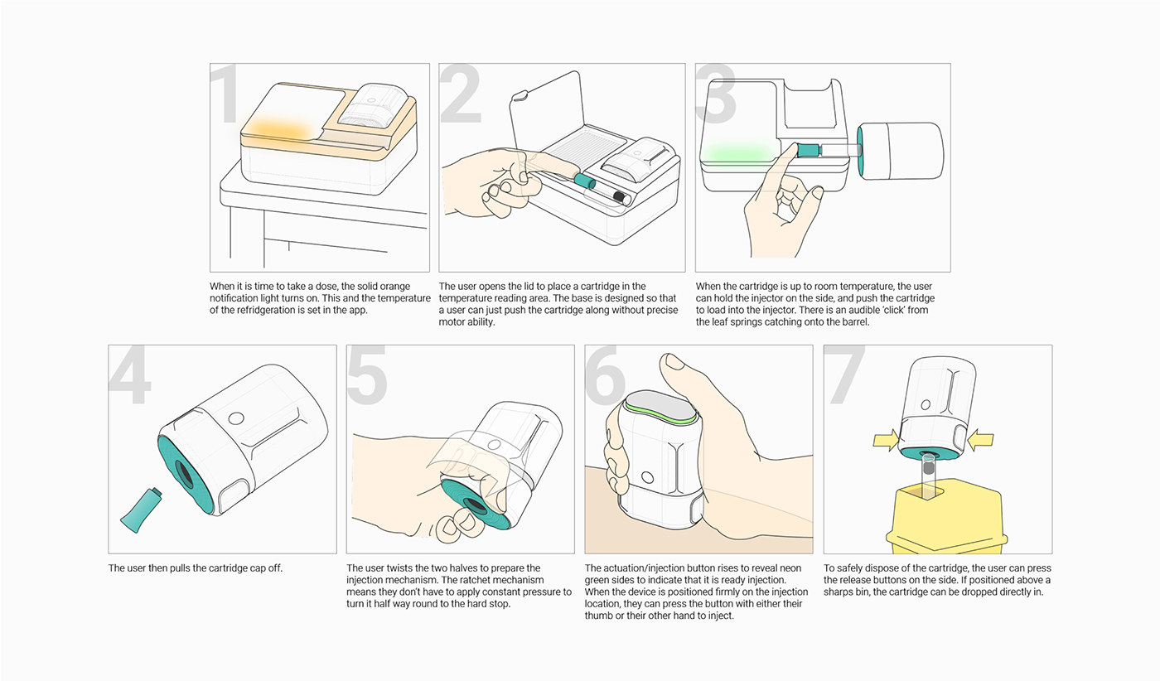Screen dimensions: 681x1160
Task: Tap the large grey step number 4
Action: (130, 376)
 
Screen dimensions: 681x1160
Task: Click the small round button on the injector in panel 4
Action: (236, 418)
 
